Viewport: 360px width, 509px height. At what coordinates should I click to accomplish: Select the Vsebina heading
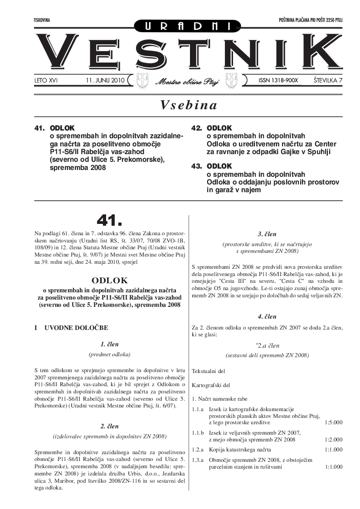tap(189, 105)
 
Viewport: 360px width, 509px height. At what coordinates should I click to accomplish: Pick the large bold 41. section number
tap(109, 220)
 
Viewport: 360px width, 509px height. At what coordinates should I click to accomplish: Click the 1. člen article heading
tap(109, 344)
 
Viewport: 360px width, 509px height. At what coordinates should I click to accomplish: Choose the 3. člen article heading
tap(267, 234)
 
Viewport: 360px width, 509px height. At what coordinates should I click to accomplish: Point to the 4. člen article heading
tap(267, 316)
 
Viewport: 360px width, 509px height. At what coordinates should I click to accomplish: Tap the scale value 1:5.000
tap(334, 422)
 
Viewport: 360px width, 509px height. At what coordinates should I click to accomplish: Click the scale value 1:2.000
tap(334, 440)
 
